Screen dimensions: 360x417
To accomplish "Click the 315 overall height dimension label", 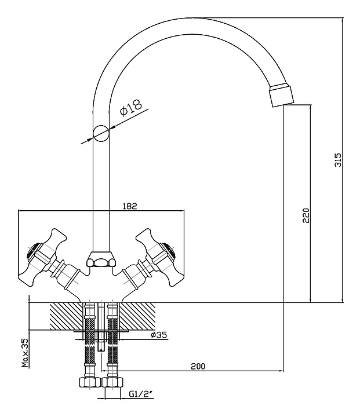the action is [x=337, y=160].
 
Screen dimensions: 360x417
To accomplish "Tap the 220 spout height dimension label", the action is [x=306, y=215].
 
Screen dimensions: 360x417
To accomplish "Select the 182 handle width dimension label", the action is [x=130, y=206].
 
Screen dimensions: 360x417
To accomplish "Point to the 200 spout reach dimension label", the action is [x=198, y=366].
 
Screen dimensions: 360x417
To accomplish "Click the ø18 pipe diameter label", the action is [x=130, y=108].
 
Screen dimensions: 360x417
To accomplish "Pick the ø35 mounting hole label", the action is [x=159, y=335].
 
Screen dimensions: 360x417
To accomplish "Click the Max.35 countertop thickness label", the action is [x=25, y=353].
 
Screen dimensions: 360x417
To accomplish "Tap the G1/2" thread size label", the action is [x=141, y=394].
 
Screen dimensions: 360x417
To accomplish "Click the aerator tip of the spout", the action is [x=282, y=96].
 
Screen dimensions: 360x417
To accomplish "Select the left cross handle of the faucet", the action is [x=42, y=258].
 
